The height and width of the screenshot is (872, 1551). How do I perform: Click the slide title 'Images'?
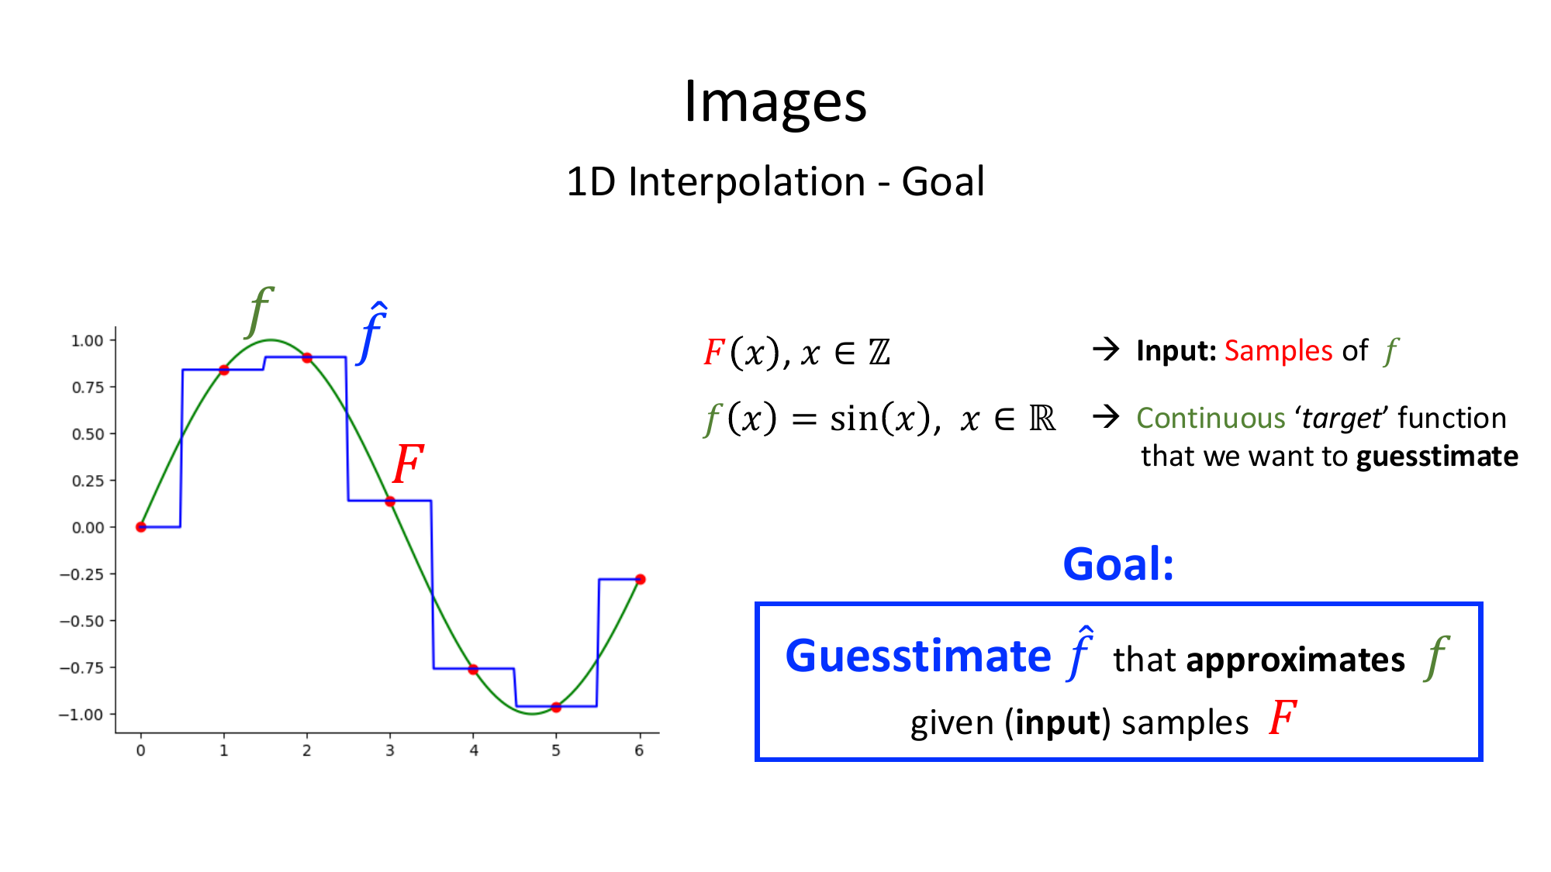point(775,102)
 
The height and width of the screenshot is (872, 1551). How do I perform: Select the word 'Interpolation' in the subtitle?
point(746,182)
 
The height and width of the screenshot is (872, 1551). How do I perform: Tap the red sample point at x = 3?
point(390,501)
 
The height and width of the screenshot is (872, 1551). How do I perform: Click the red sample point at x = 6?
point(640,579)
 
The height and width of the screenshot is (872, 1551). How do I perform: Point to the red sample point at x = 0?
point(140,527)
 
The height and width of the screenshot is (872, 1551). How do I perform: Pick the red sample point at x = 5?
point(556,707)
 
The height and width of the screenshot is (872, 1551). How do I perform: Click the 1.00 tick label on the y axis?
point(88,340)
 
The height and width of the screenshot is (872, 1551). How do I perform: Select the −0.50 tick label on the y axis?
point(81,621)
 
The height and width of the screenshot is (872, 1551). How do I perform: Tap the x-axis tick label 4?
point(474,750)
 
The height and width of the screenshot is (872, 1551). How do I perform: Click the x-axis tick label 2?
point(307,750)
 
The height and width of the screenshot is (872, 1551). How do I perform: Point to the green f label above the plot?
point(259,312)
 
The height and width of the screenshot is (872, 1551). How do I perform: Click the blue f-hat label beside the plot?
point(373,333)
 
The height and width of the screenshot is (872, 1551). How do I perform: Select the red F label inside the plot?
point(408,464)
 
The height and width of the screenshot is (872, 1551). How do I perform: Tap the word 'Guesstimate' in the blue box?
point(918,656)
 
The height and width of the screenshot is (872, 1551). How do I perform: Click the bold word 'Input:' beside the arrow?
point(1176,351)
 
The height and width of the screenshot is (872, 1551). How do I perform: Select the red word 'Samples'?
point(1278,351)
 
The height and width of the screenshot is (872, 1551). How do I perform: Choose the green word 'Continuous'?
point(1211,418)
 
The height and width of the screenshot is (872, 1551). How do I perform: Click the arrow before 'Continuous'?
point(1106,417)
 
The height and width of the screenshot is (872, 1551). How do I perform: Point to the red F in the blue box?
point(1283,717)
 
